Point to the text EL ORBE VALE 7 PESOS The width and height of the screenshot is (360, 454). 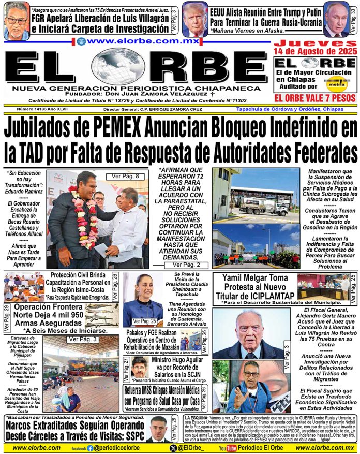click(x=315, y=98)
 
